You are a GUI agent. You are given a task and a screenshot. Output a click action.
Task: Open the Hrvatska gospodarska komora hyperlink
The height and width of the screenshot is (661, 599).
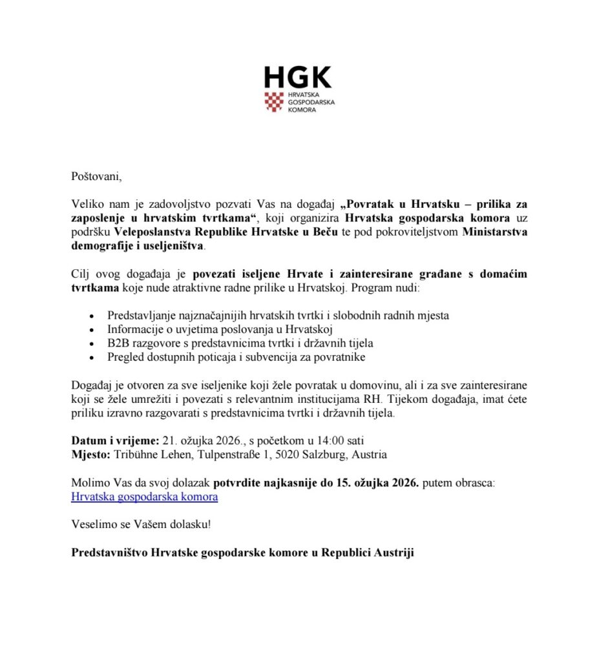point(144,497)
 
